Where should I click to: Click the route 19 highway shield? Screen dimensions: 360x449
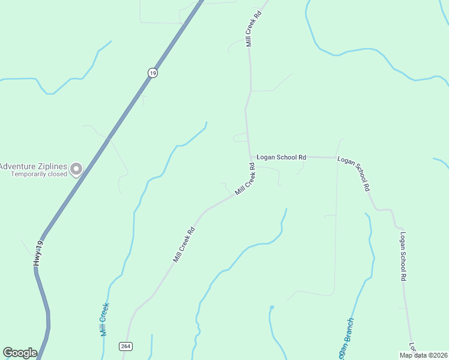pyautogui.click(x=152, y=73)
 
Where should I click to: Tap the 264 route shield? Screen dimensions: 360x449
pyautogui.click(x=125, y=346)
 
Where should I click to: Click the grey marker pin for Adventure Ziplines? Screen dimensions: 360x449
pyautogui.click(x=76, y=169)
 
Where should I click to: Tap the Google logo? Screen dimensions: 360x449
pyautogui.click(x=20, y=353)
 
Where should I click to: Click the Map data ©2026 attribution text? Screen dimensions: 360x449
pyautogui.click(x=424, y=355)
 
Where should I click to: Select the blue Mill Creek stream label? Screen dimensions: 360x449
pyautogui.click(x=104, y=319)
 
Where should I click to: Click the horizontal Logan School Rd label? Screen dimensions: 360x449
pyautogui.click(x=281, y=157)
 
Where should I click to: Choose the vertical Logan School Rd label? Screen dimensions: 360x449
pyautogui.click(x=403, y=257)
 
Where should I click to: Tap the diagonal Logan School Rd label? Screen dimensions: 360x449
pyautogui.click(x=354, y=173)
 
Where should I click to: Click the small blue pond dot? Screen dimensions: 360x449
pyautogui.click(x=272, y=307)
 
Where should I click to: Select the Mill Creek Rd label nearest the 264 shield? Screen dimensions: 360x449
pyautogui.click(x=184, y=244)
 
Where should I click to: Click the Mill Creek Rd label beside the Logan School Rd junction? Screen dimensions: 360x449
pyautogui.click(x=246, y=181)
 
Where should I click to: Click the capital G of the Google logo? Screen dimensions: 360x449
pyautogui.click(x=8, y=353)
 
